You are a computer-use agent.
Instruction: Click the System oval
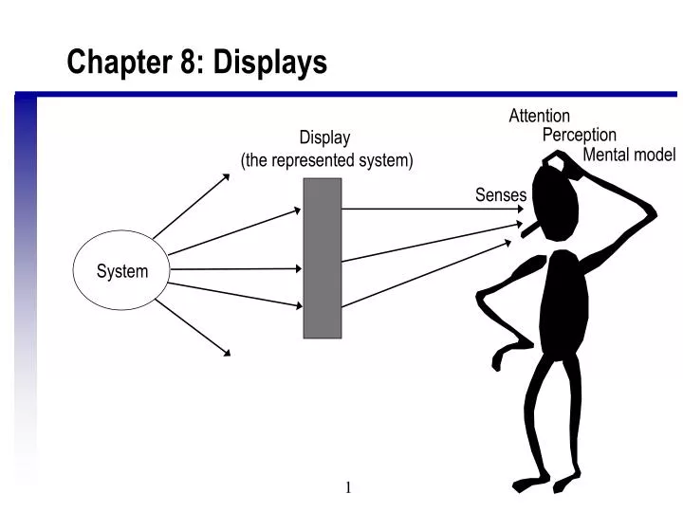tap(121, 270)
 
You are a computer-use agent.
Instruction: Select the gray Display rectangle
tap(323, 258)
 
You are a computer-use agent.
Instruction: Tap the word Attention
tap(539, 116)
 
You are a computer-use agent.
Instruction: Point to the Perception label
tap(579, 135)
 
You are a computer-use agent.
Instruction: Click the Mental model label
tap(629, 155)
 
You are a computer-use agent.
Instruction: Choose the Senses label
tap(500, 194)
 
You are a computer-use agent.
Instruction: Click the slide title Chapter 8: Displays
tap(196, 63)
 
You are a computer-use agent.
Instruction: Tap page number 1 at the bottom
tap(348, 487)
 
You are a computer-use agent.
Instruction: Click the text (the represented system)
tap(327, 160)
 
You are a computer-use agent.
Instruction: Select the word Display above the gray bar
tap(324, 138)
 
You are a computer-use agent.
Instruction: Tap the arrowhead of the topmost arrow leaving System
tap(226, 176)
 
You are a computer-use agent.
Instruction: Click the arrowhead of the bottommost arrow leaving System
tap(226, 353)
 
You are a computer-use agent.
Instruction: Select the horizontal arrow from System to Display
tap(237, 269)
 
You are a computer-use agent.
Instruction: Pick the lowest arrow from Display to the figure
tap(427, 274)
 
